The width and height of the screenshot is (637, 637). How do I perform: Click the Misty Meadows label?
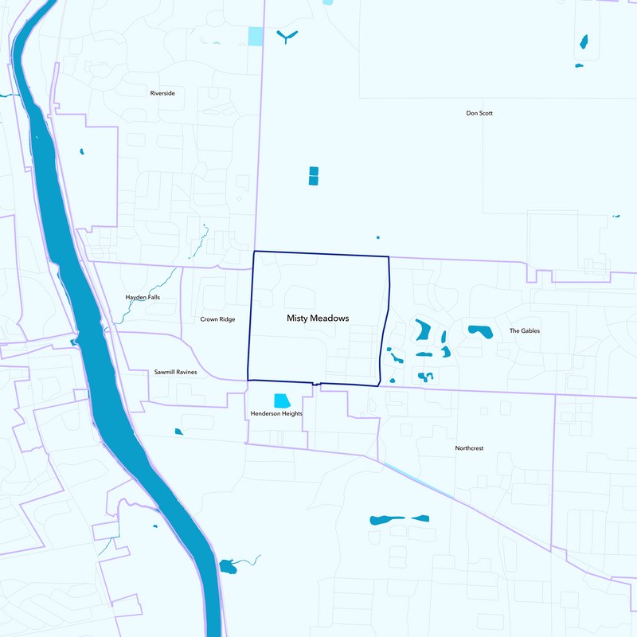point(318,318)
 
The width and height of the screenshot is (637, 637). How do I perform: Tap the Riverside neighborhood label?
point(162,93)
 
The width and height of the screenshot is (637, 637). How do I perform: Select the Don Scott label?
point(479,113)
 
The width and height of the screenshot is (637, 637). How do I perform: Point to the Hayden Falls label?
point(143,297)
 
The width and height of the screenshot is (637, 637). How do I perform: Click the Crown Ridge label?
point(217,319)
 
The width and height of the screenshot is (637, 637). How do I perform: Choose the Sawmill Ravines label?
point(175,372)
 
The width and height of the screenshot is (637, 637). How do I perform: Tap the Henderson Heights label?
point(276,414)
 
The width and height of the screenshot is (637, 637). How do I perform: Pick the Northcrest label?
point(469,448)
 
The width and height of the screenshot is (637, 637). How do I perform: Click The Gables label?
point(525,330)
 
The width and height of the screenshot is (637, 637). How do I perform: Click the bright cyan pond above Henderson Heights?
point(282,401)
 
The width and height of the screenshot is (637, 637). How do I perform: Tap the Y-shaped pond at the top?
point(287,35)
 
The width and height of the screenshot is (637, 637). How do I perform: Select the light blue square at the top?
point(255,36)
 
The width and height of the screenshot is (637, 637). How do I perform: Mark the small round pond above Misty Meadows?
point(378,237)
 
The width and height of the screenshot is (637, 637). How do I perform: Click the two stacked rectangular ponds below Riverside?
point(313,176)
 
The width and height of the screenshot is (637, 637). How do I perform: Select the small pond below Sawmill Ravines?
point(178,432)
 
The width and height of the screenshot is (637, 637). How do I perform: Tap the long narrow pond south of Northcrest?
point(388,520)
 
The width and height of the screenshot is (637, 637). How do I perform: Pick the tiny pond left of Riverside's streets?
point(81,151)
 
